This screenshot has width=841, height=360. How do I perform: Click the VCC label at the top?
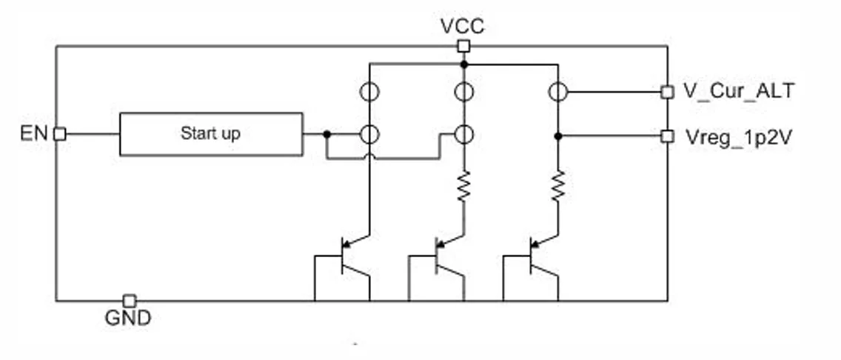point(462,27)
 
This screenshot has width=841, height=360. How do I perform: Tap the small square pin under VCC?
point(463,47)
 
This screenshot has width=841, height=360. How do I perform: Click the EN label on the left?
point(35,134)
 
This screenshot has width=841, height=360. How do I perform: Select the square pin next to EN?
point(60,134)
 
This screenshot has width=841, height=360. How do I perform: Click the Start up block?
point(211,134)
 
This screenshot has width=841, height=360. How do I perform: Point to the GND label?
point(128,319)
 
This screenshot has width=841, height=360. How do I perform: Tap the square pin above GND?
point(129,300)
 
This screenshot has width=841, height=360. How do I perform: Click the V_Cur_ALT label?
point(738,91)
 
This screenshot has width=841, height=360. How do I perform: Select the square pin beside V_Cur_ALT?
point(667,92)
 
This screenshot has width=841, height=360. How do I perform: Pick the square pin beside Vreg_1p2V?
point(667,136)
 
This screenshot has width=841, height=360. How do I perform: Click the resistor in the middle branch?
point(463,187)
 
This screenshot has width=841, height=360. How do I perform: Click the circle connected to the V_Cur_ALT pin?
point(558,92)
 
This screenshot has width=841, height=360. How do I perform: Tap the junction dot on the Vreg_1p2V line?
point(558,136)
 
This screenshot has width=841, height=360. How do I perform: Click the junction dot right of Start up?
point(326,134)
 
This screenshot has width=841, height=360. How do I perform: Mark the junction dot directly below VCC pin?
point(463,64)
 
